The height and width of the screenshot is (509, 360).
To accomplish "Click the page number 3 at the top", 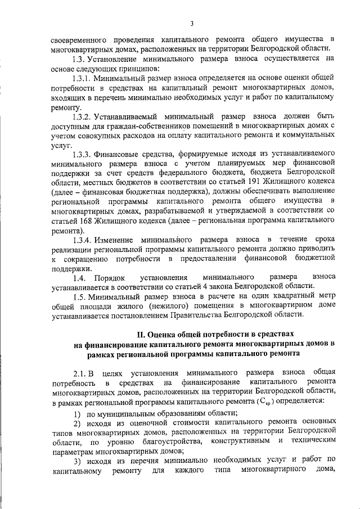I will pyautogui.click(x=191, y=23).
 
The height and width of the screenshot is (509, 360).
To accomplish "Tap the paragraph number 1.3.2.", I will pyautogui.click(x=83, y=117).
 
